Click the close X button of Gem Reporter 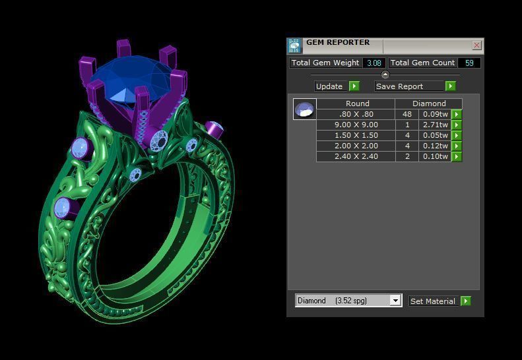[476, 45]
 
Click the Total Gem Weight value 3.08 [374, 63]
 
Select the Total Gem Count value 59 [469, 63]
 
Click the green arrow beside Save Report [451, 86]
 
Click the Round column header [357, 104]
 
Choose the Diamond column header [429, 104]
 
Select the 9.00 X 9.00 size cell [356, 125]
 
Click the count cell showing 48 [407, 114]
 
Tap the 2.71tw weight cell [436, 125]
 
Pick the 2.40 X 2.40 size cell [356, 156]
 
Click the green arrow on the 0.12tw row [456, 146]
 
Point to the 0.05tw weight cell [436, 135]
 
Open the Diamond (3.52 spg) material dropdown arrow [395, 301]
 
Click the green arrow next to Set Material [466, 301]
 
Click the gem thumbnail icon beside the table [305, 109]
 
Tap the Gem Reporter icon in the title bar [294, 45]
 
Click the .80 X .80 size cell [356, 114]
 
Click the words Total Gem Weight [325, 63]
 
